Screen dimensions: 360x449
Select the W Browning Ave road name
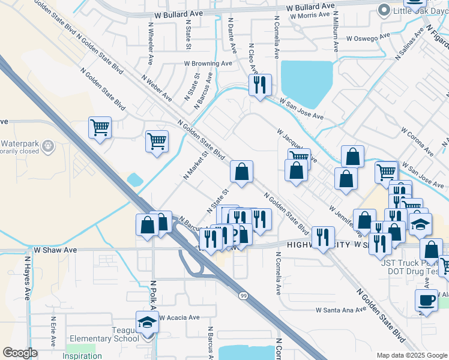coord(208,63)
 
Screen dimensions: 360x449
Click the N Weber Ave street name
coord(157,88)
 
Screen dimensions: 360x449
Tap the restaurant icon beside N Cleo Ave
coord(260,85)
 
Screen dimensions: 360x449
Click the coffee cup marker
coord(427,299)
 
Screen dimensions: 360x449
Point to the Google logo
coord(20,353)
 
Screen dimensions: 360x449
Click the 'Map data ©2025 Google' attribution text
coord(411,355)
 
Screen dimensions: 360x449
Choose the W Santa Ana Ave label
coord(340,310)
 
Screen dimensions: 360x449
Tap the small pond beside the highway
coord(135,179)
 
